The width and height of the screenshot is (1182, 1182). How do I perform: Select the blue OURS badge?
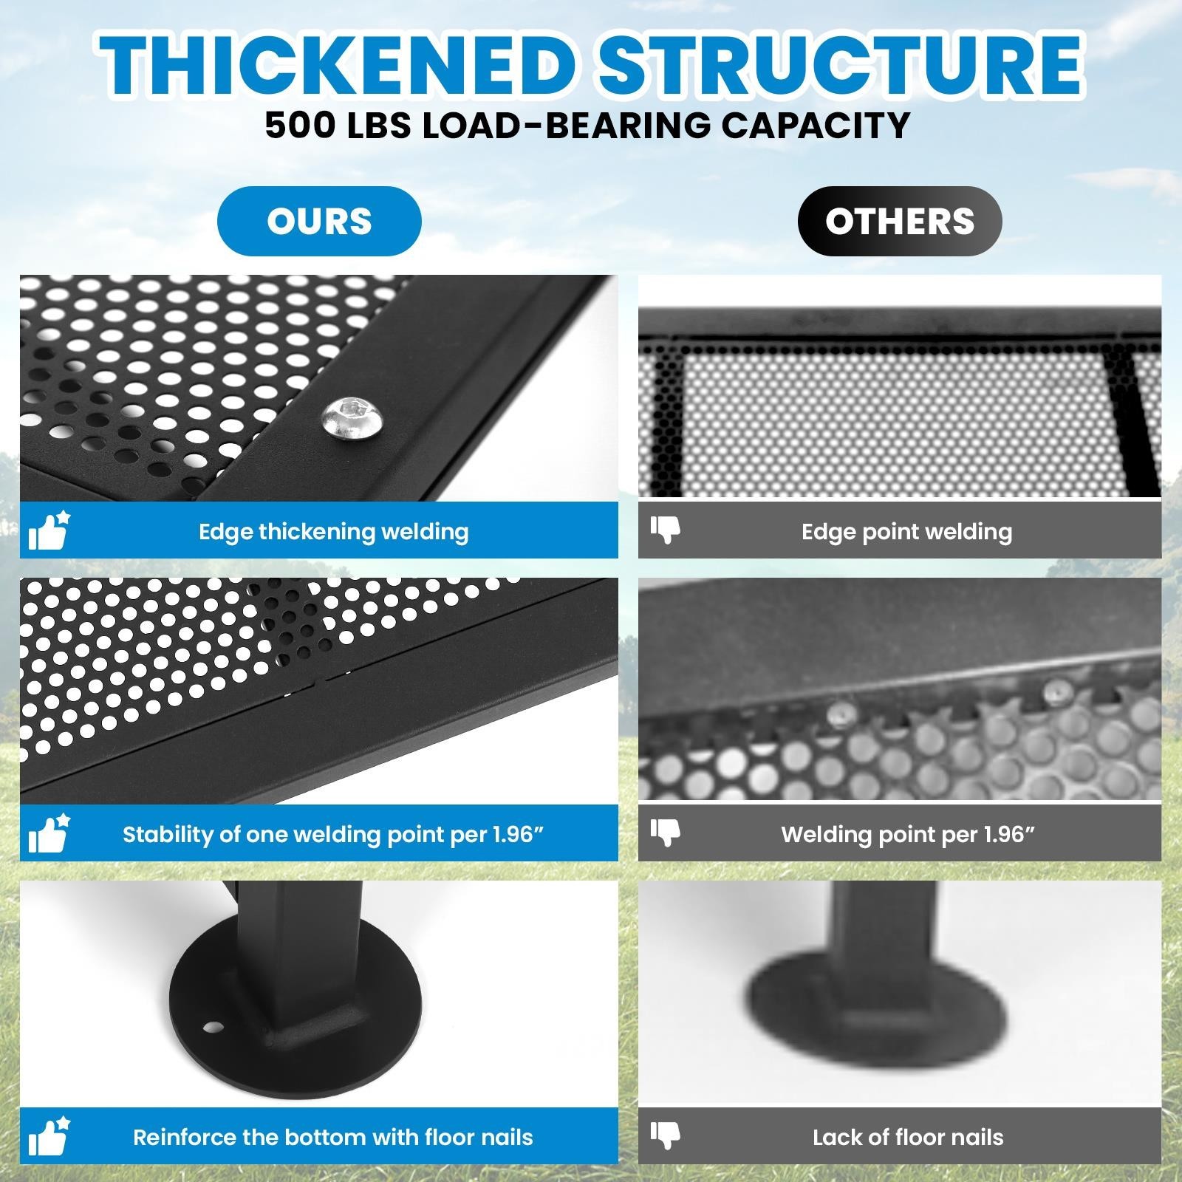pyautogui.click(x=319, y=221)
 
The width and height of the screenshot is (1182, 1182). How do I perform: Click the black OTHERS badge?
pyautogui.click(x=900, y=221)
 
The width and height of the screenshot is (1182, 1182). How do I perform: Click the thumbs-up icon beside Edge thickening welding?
pyautogui.click(x=49, y=530)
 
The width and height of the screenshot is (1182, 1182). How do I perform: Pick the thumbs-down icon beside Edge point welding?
pyautogui.click(x=666, y=530)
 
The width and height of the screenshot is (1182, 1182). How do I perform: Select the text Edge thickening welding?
pyautogui.click(x=334, y=532)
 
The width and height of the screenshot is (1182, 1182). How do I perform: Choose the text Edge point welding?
pyautogui.click(x=907, y=532)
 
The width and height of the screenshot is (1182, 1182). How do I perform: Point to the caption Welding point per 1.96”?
pyautogui.click(x=908, y=835)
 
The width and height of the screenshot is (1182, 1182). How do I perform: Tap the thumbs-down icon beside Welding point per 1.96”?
pyautogui.click(x=666, y=833)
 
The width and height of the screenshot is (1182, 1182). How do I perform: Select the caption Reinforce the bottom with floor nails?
pyautogui.click(x=333, y=1137)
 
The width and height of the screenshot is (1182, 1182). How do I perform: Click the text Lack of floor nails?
pyautogui.click(x=908, y=1137)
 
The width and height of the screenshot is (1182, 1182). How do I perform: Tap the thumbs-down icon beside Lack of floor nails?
pyautogui.click(x=666, y=1135)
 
